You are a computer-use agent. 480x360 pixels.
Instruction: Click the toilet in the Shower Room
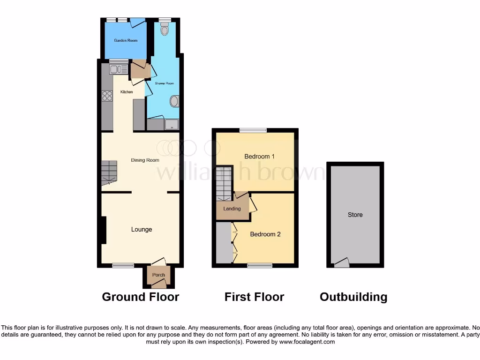coord(164,30)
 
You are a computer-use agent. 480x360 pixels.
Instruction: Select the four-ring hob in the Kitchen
coord(107,96)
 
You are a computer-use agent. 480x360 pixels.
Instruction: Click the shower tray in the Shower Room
coord(172,124)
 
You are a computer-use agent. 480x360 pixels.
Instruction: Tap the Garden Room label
coord(126,41)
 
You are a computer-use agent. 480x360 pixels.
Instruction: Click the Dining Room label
coord(145,160)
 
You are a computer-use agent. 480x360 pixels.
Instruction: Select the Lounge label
coord(141,229)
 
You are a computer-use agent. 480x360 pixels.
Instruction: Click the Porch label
coord(158,275)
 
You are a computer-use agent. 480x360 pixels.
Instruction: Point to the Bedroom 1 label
coord(260,156)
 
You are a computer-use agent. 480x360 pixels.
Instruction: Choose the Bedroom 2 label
coord(265,234)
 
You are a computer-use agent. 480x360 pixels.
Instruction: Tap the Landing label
coord(232,209)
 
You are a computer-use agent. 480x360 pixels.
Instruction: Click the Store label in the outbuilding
coord(355,215)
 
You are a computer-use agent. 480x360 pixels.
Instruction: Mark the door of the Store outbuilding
coord(342,263)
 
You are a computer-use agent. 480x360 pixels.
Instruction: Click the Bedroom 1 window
coord(253,130)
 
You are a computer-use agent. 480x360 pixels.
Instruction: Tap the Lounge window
coord(123,266)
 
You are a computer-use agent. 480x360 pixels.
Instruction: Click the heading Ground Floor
coord(140,297)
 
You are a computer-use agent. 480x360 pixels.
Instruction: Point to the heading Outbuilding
coord(353,297)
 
